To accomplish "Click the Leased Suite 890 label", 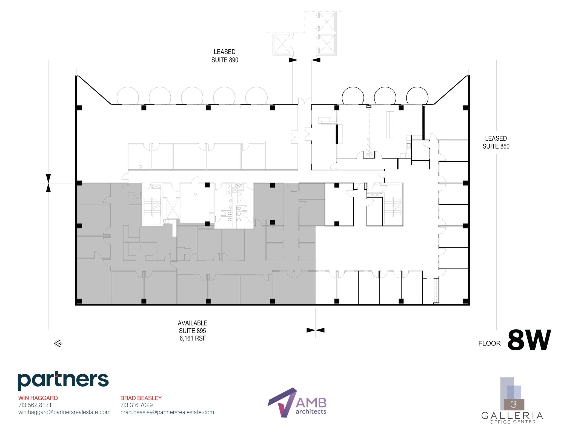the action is click(x=225, y=56).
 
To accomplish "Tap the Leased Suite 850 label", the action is click(x=496, y=142).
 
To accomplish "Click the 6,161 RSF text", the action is click(x=193, y=338).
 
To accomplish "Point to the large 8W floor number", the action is click(x=529, y=340).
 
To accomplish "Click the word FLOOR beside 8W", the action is click(x=489, y=343).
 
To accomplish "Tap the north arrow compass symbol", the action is click(x=58, y=343).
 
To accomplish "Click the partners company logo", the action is click(x=63, y=381).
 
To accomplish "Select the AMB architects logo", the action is click(x=297, y=402).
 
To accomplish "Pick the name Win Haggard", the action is click(x=38, y=398).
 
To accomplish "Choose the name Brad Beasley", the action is click(x=141, y=398).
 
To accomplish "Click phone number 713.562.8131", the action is click(x=35, y=405).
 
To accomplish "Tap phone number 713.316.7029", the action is click(x=136, y=405).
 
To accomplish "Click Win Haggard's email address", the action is click(x=64, y=412).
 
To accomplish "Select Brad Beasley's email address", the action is click(x=167, y=412).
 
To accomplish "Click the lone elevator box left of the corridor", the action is click(x=282, y=44).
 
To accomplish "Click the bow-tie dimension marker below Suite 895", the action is click(x=315, y=330).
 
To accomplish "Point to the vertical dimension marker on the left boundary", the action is click(x=48, y=183).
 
